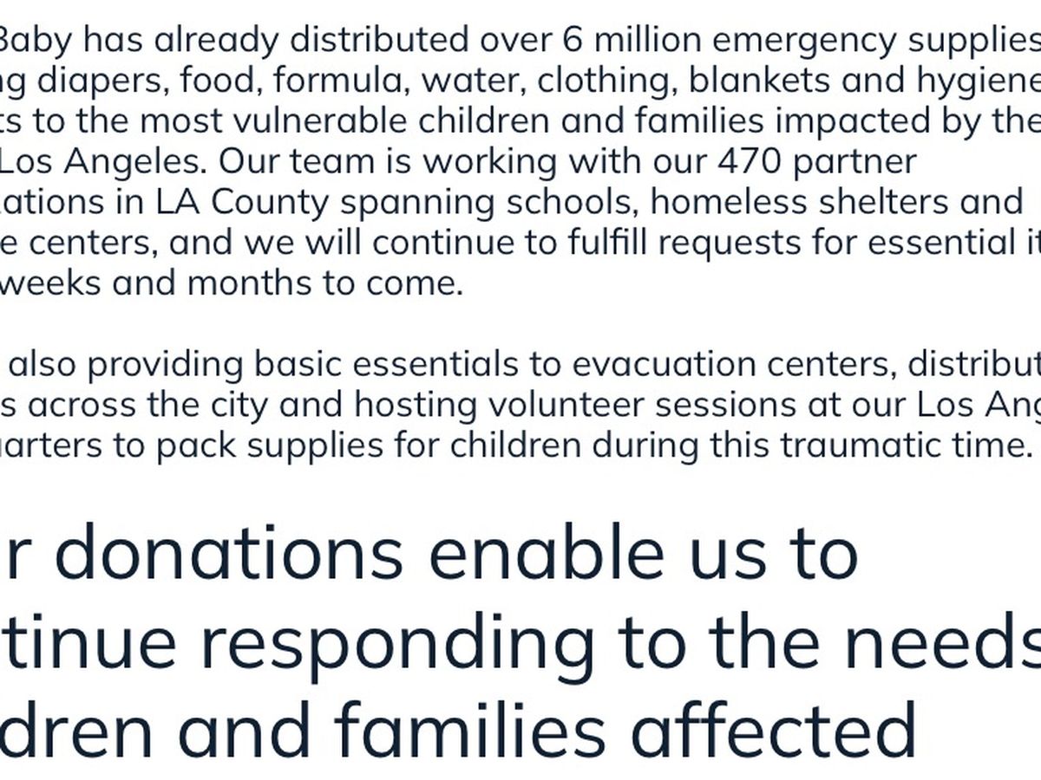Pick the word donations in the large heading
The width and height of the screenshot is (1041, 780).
click(230, 555)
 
